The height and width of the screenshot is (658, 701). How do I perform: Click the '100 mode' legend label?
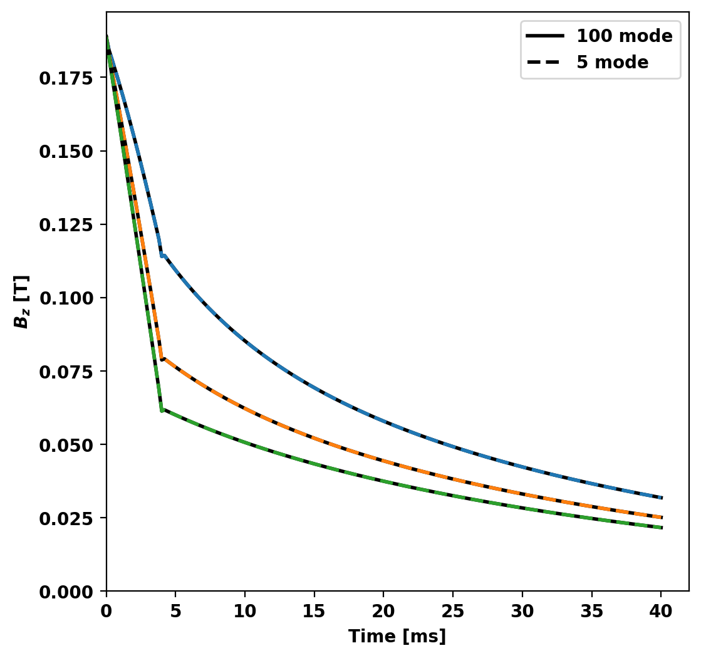624,36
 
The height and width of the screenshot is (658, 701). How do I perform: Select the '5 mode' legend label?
612,62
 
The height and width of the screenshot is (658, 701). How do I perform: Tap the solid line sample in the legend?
545,36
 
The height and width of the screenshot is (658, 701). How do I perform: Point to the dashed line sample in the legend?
545,62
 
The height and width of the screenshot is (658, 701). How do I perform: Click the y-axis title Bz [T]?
22,301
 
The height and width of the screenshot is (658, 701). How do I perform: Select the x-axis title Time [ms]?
397,637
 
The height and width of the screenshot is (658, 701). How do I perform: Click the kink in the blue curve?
162,255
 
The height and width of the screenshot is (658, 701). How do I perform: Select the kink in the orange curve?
162,359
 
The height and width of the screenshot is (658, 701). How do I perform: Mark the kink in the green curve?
162,410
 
